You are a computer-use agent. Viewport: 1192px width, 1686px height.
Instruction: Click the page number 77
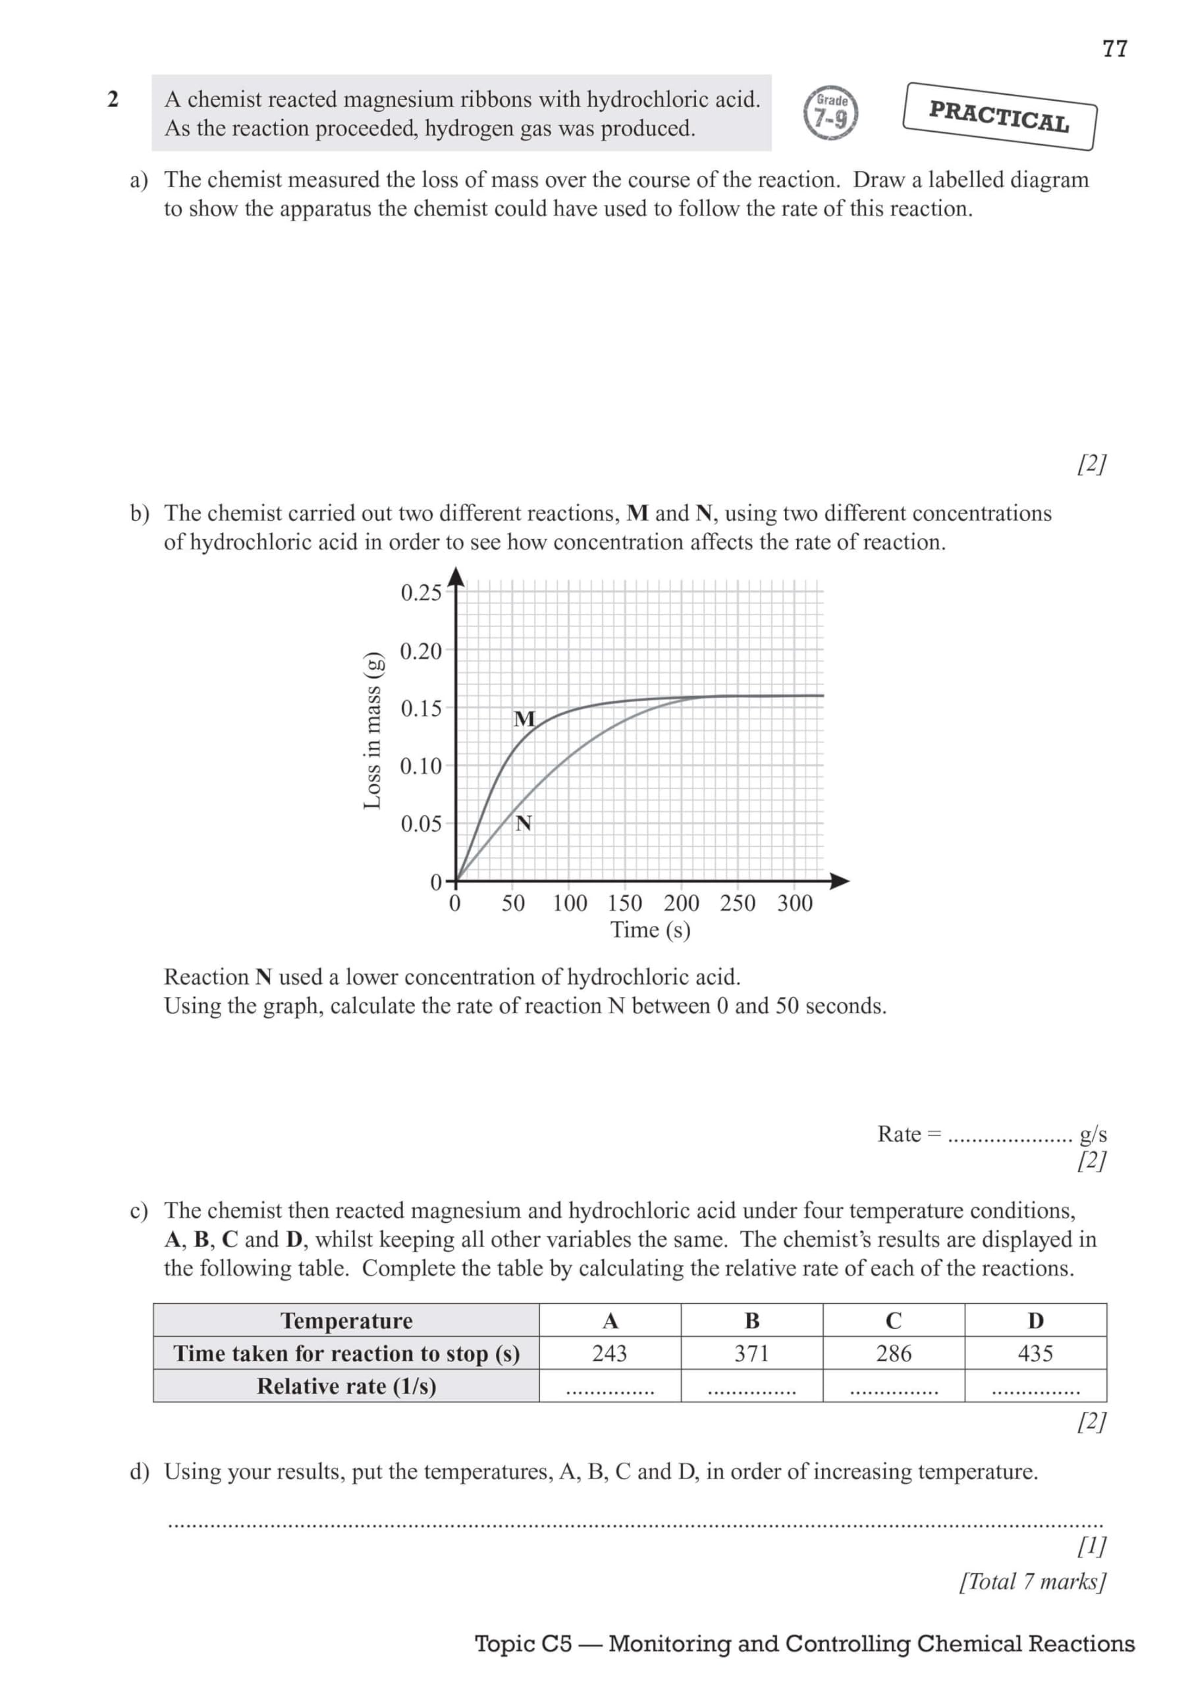click(x=1114, y=49)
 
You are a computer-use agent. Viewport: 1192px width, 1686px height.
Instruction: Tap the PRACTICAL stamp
click(x=999, y=116)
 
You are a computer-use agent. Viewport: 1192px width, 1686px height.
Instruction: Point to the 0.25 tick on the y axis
click(x=421, y=593)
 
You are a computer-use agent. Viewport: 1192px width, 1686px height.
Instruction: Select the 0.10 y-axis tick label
click(x=421, y=766)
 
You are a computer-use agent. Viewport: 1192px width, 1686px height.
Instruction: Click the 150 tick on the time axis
click(x=625, y=903)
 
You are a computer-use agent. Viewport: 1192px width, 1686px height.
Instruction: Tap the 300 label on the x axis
click(x=795, y=903)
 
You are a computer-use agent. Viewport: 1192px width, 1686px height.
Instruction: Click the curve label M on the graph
click(x=524, y=719)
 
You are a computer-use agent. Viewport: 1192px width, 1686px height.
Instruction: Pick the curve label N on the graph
click(x=523, y=824)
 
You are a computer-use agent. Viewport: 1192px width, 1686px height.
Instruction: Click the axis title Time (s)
click(x=650, y=931)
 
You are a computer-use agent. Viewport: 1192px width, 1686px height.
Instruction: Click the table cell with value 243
click(x=610, y=1353)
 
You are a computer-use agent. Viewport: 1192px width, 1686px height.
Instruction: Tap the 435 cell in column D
click(x=1035, y=1353)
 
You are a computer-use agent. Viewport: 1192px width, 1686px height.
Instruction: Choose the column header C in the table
click(x=893, y=1321)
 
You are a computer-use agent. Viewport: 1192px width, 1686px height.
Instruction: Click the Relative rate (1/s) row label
click(x=346, y=1386)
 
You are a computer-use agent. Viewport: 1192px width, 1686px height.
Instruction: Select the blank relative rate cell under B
click(x=751, y=1387)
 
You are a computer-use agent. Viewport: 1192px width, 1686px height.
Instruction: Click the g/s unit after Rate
click(x=1092, y=1135)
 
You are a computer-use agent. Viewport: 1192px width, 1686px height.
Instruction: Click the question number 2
click(x=113, y=100)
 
